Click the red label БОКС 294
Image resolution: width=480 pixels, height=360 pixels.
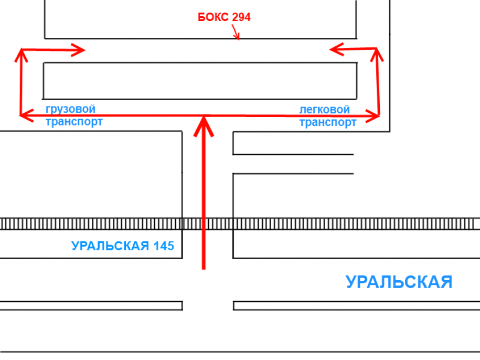(x=224, y=17)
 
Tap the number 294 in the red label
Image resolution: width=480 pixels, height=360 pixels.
(x=241, y=17)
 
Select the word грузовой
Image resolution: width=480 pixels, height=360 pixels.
(x=71, y=109)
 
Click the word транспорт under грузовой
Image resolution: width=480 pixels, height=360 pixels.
(x=74, y=122)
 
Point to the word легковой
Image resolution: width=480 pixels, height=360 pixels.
(x=324, y=110)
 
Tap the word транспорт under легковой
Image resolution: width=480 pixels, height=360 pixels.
(x=328, y=122)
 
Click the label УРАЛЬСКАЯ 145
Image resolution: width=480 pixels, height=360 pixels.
(x=123, y=246)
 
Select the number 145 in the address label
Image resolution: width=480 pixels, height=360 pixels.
(x=164, y=246)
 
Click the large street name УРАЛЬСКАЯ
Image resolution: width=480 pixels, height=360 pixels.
(x=399, y=282)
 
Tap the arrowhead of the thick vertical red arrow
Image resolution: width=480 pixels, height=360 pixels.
(x=204, y=126)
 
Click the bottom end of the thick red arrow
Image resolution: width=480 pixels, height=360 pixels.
(x=204, y=268)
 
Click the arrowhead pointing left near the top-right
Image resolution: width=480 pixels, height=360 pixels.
(x=336, y=49)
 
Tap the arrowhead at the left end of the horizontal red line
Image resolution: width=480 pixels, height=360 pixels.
(x=24, y=115)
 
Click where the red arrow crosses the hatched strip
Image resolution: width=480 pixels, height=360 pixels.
(x=204, y=224)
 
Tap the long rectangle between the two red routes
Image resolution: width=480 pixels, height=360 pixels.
(x=200, y=81)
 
